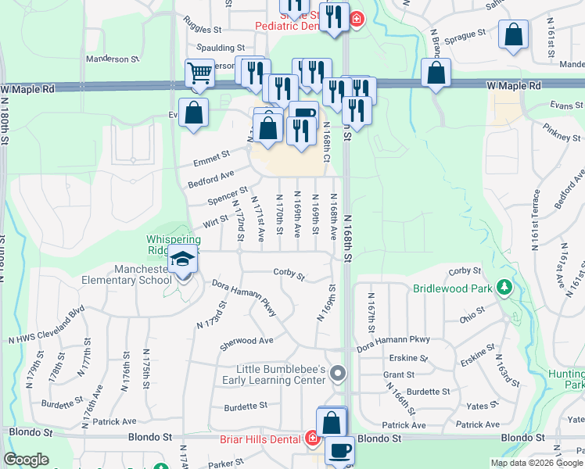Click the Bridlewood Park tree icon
pyautogui.click(x=505, y=288)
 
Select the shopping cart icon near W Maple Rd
pyautogui.click(x=199, y=73)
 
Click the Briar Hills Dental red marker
pyautogui.click(x=312, y=439)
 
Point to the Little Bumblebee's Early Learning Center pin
pyautogui.click(x=338, y=374)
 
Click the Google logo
pyautogui.click(x=26, y=460)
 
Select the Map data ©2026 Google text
pyautogui.click(x=537, y=463)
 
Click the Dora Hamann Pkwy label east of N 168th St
pyautogui.click(x=393, y=340)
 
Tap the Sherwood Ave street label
pyautogui.click(x=246, y=341)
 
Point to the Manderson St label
pyautogui.click(x=112, y=59)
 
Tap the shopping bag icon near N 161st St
pyautogui.click(x=512, y=37)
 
